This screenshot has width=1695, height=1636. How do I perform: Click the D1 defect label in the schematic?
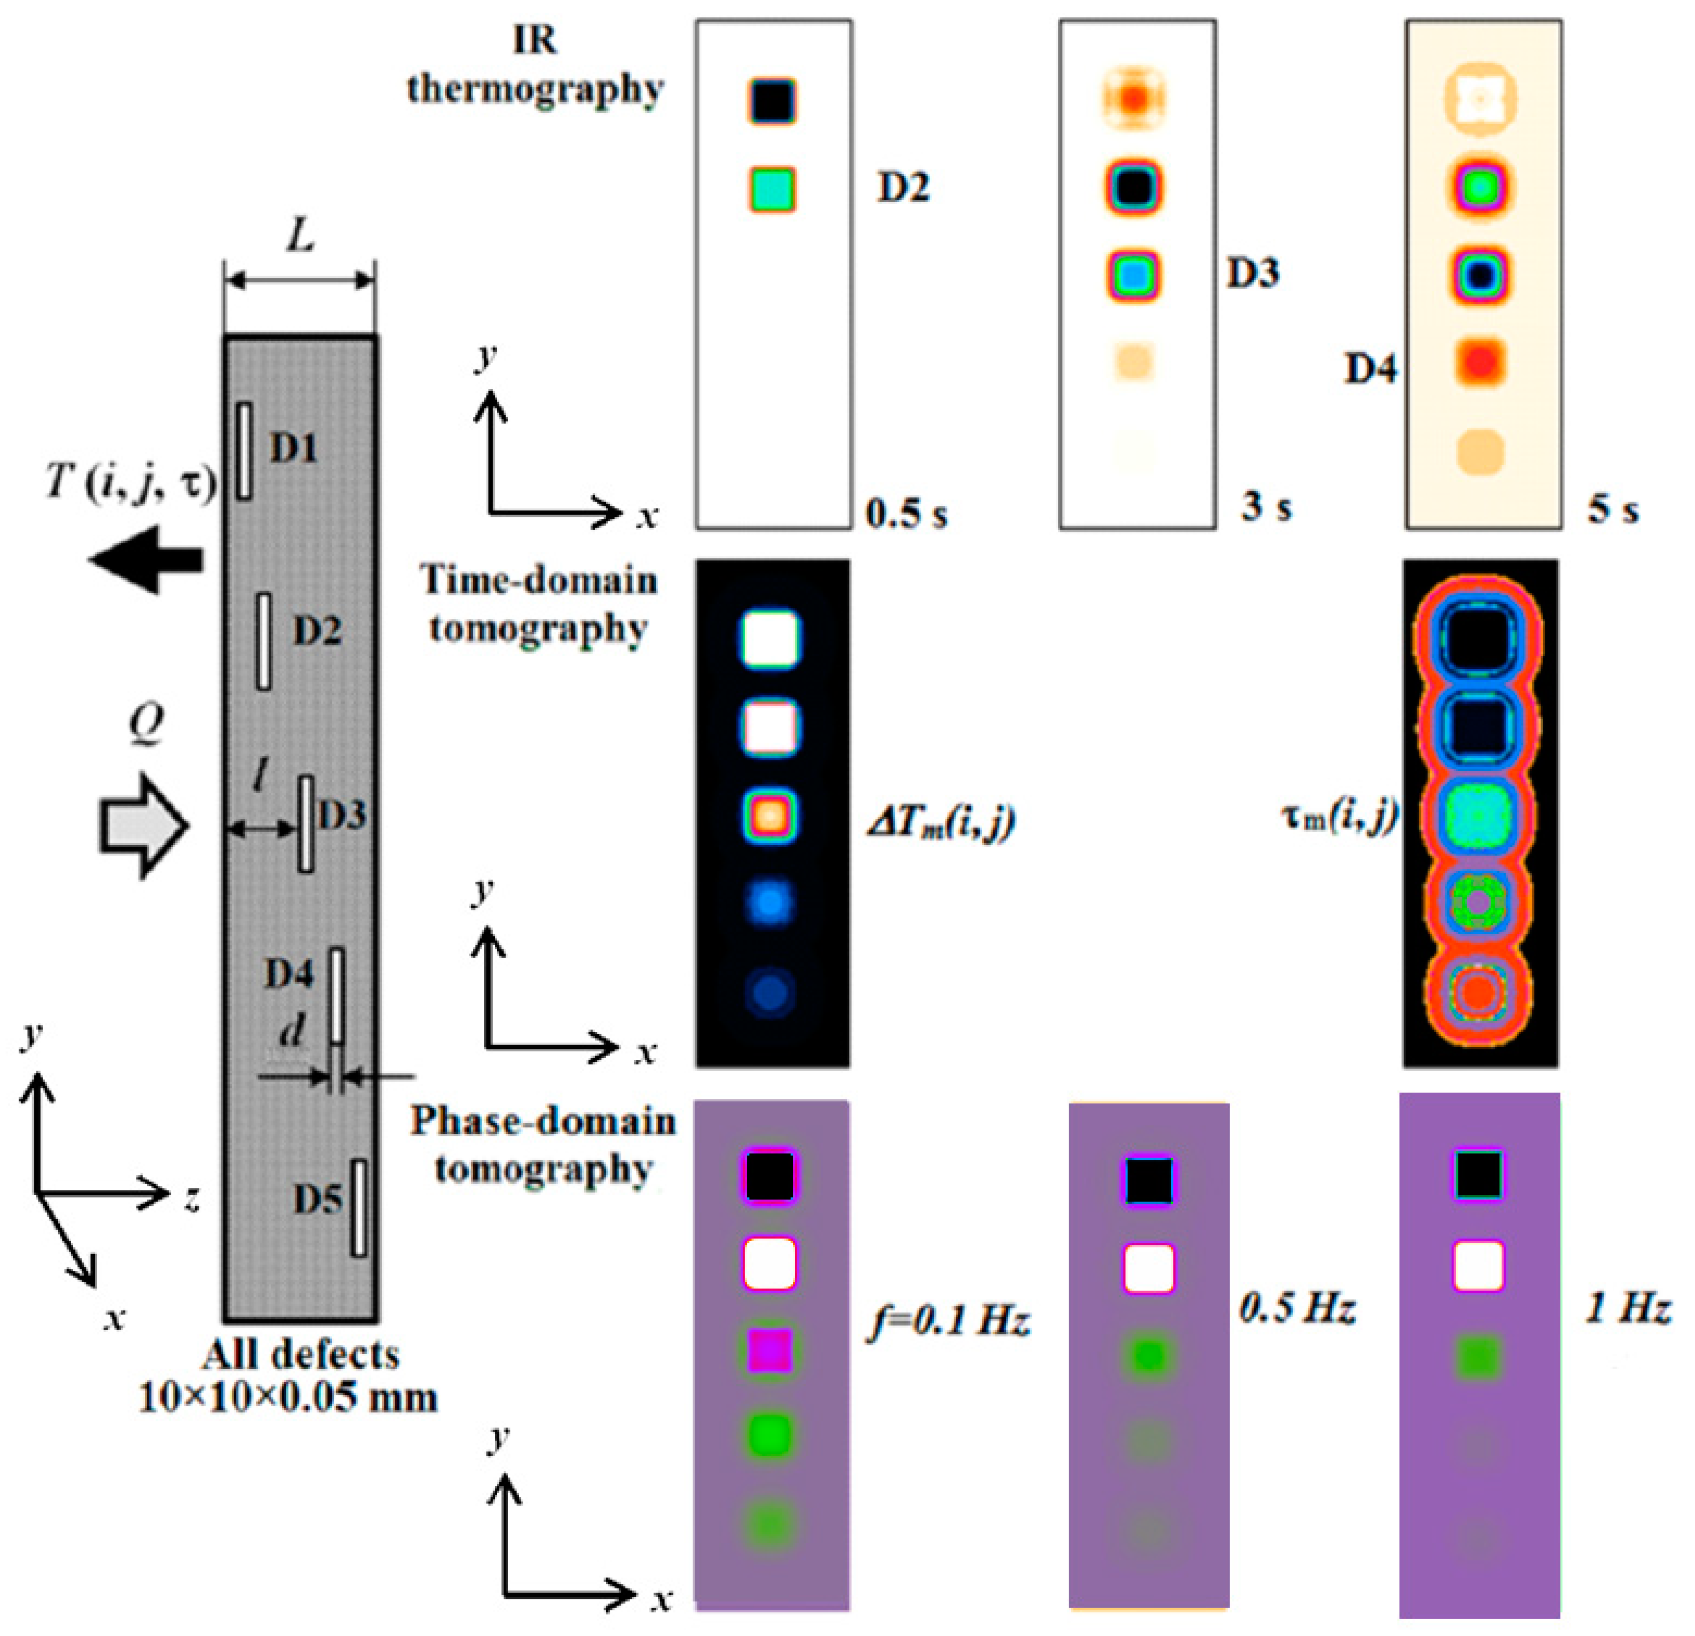point(294,449)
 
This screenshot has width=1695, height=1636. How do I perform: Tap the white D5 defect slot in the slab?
point(358,1208)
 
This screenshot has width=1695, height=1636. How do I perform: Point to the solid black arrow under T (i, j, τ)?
point(145,560)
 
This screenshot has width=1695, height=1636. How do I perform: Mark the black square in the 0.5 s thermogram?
point(771,101)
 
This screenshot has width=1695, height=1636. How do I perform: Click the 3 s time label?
point(1267,506)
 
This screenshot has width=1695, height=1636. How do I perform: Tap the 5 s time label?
point(1613,510)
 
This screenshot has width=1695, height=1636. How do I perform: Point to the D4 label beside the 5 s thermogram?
point(1371,369)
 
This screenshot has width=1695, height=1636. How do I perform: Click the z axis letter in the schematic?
point(192,1198)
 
